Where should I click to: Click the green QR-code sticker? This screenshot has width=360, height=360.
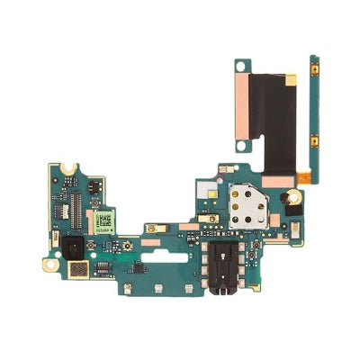(105, 220)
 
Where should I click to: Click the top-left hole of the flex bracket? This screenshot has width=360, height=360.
(241, 66)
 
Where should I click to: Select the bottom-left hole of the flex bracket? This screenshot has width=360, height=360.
(241, 142)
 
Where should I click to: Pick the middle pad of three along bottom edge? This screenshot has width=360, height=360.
(157, 287)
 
